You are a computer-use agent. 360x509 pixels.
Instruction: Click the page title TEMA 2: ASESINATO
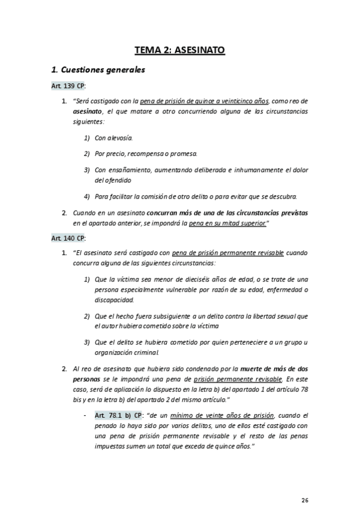point(180,50)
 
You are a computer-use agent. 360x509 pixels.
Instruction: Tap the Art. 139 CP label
point(68,86)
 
